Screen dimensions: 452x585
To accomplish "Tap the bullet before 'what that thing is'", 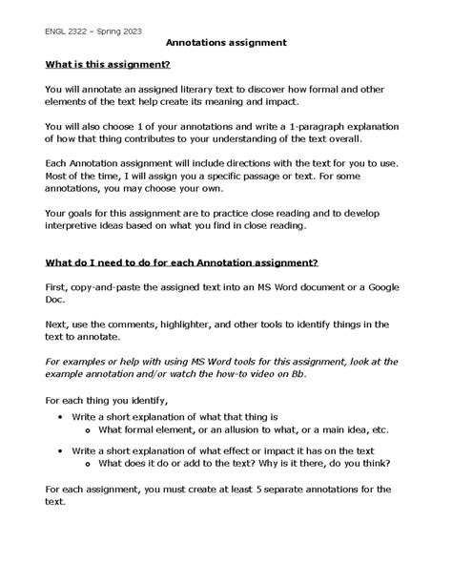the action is click(x=60, y=417).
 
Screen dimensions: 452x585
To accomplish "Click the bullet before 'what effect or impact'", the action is click(x=60, y=449).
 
